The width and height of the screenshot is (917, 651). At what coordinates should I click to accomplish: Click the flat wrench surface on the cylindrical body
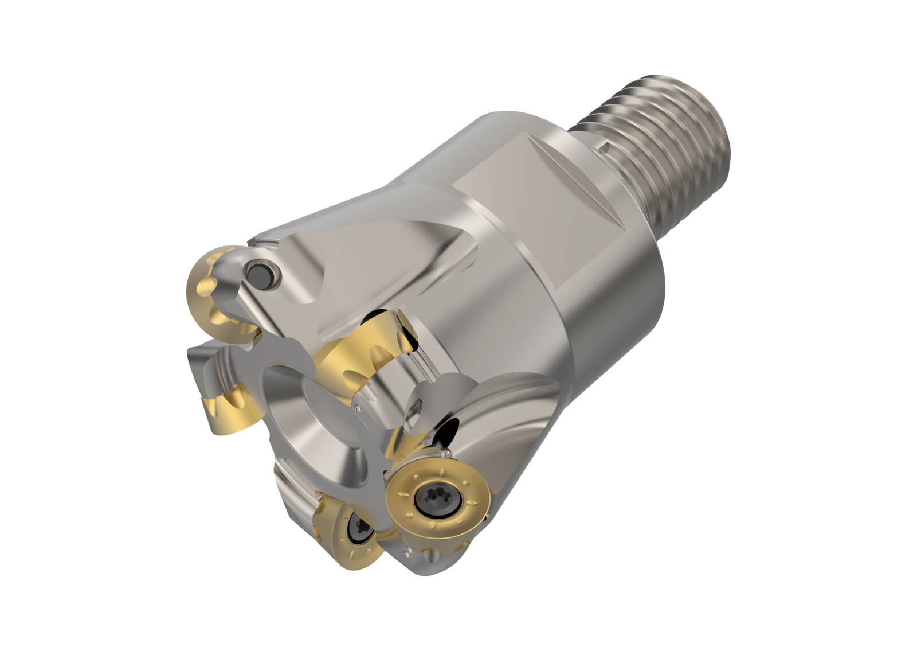click(x=539, y=224)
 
